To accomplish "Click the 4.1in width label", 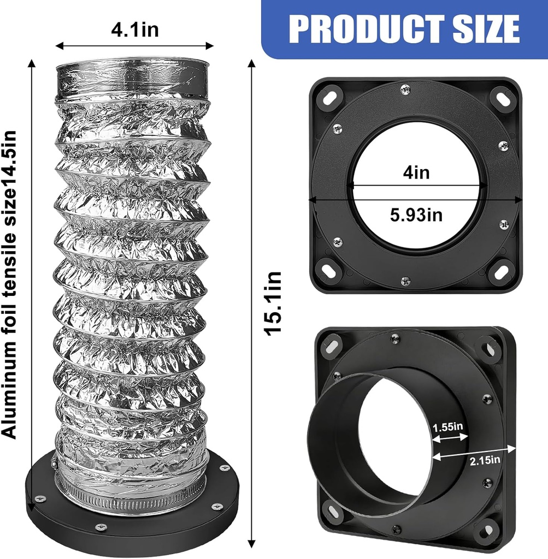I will [x=134, y=28].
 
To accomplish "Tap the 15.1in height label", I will [x=272, y=304].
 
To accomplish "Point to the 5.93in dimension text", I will [x=416, y=215].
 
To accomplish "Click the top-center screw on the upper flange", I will [x=405, y=89].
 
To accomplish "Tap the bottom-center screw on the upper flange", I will [x=405, y=281].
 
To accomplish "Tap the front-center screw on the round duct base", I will [x=100, y=527].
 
